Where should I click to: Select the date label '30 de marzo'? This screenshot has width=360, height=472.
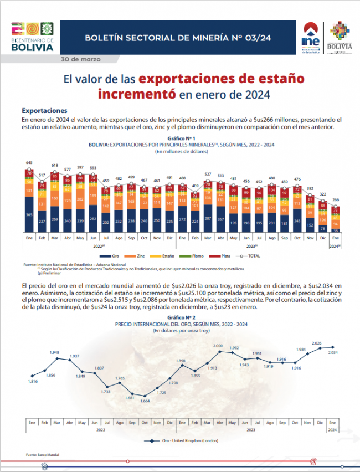[x=81, y=59]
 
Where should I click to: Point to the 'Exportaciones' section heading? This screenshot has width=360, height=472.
[x=44, y=111]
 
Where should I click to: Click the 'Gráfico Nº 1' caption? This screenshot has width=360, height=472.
[x=180, y=138]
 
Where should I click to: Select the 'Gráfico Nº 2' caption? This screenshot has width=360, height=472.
[x=180, y=317]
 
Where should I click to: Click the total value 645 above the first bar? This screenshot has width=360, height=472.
[x=29, y=162]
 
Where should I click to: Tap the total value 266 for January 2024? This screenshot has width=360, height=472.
[x=336, y=200]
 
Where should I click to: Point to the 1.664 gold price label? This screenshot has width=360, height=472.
[x=146, y=401]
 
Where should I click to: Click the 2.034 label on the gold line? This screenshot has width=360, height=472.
[x=333, y=352]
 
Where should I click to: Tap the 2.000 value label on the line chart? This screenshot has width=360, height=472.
[x=218, y=346]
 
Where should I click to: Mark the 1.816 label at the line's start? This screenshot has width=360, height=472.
[x=33, y=382]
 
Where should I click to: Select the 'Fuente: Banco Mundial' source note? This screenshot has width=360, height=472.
[x=39, y=455]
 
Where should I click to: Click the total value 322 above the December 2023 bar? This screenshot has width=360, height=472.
[x=323, y=194]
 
